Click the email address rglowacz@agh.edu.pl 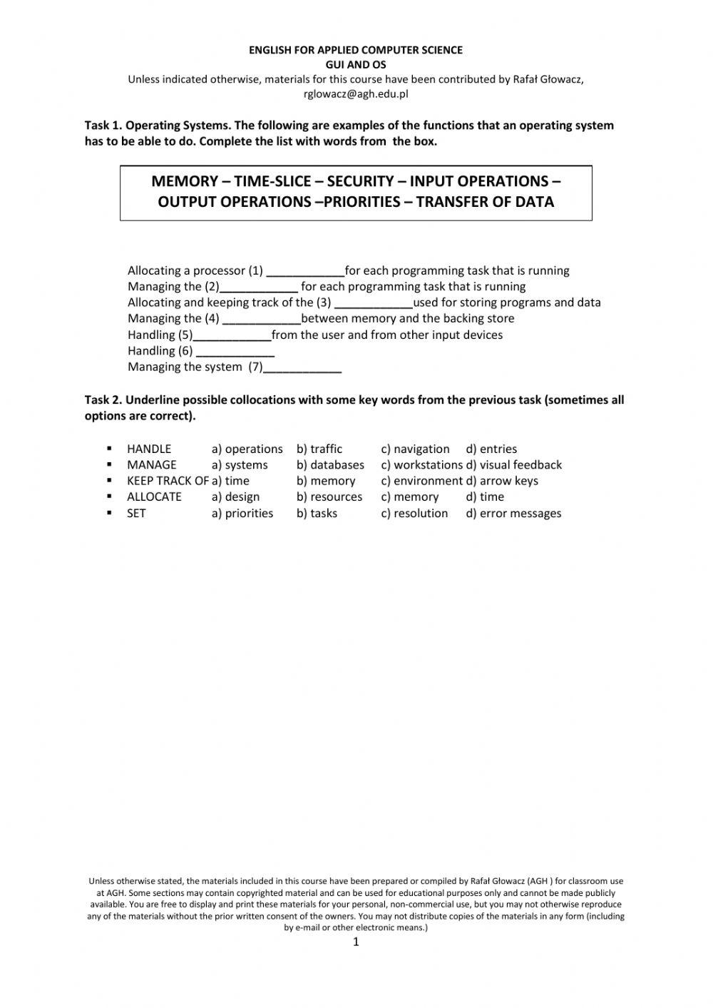(x=356, y=93)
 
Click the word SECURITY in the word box (x=360, y=181)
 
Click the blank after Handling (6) (x=235, y=352)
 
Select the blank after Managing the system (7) (x=302, y=368)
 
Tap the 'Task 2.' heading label (x=103, y=400)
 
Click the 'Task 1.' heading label (x=103, y=126)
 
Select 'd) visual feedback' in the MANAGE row (x=513, y=465)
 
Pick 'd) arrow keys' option (x=502, y=481)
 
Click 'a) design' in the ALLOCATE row (x=235, y=497)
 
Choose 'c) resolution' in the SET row (x=414, y=514)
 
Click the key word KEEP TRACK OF (x=168, y=481)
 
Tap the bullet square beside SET (x=110, y=513)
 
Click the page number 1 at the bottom (x=356, y=942)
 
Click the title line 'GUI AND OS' (x=355, y=64)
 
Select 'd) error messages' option (x=513, y=514)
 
